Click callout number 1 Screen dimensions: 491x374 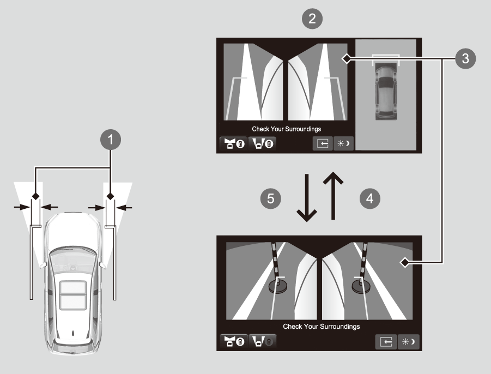(111, 140)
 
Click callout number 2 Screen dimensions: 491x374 (312, 19)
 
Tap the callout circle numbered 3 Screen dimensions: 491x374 (465, 58)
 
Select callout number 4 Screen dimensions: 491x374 (370, 198)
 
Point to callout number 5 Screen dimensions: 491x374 (271, 198)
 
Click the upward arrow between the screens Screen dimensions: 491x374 (333, 196)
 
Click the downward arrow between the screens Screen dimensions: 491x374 (307, 198)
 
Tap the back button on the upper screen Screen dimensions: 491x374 (323, 144)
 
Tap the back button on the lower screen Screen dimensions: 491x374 (386, 341)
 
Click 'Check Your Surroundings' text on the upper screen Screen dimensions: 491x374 (287, 129)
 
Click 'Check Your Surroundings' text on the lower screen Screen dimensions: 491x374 (322, 327)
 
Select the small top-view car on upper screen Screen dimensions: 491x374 (386, 91)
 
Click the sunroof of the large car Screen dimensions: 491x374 (73, 295)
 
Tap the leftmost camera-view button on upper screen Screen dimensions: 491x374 (233, 144)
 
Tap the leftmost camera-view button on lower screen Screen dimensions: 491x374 (234, 341)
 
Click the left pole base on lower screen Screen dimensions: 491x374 (278, 286)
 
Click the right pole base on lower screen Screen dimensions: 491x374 (361, 286)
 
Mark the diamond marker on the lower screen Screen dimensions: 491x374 (405, 262)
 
